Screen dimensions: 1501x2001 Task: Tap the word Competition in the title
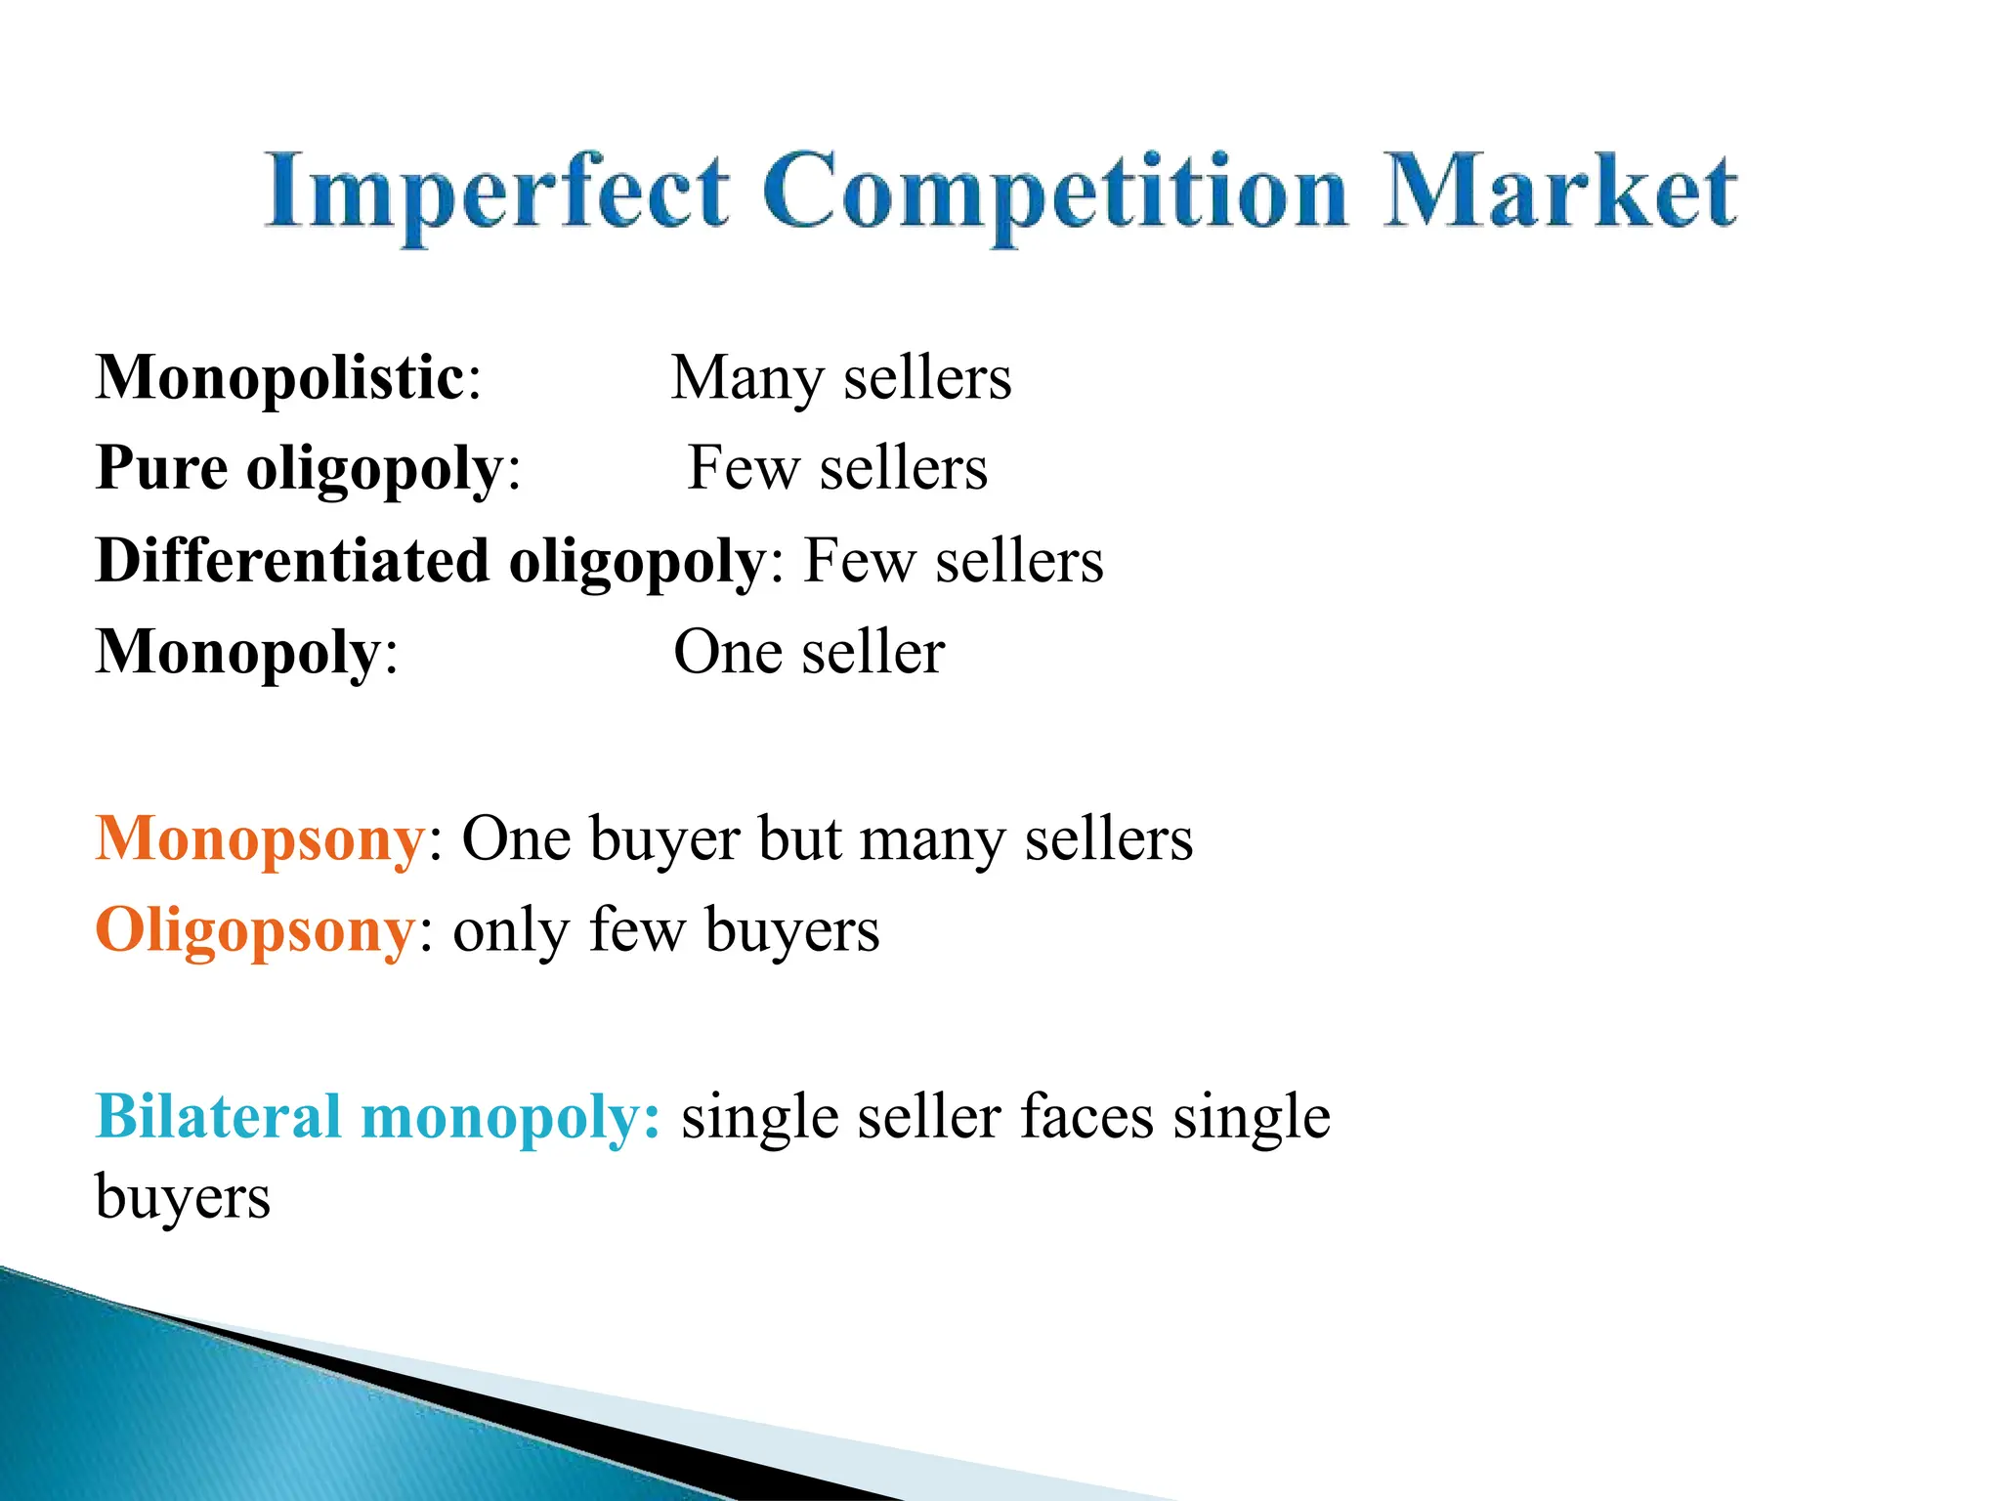pyautogui.click(x=1055, y=193)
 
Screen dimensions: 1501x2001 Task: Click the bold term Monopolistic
pyautogui.click(x=280, y=378)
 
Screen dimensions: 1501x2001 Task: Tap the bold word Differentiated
pyautogui.click(x=292, y=561)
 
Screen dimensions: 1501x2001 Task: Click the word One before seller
pyautogui.click(x=728, y=653)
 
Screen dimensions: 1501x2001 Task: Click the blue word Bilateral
pyautogui.click(x=218, y=1116)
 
